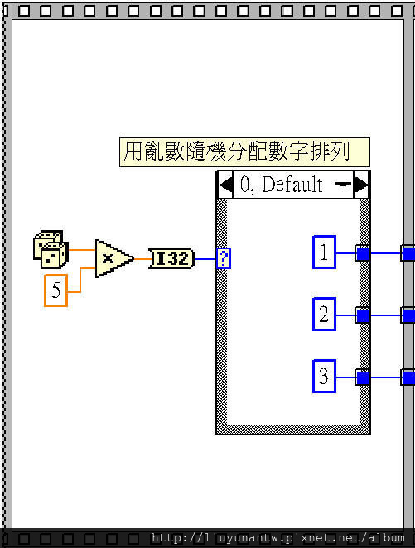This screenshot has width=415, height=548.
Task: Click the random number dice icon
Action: tap(51, 249)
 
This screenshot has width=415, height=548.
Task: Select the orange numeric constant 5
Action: tap(56, 291)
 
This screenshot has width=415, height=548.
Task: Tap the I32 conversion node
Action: tap(171, 258)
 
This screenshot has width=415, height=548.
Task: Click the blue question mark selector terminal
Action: tap(224, 258)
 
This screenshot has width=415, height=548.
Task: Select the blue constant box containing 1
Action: tap(324, 252)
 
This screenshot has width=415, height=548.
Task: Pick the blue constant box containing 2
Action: tap(324, 314)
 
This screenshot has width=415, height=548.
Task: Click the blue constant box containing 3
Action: tap(324, 376)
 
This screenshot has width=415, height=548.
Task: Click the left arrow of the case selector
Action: tap(226, 185)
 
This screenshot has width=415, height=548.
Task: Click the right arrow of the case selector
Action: tap(360, 185)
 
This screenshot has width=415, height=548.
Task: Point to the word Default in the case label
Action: tap(292, 184)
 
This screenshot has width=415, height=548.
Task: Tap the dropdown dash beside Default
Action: tap(343, 184)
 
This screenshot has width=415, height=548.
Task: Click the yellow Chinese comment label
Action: tap(244, 152)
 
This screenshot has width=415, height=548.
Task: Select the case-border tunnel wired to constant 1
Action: tap(363, 253)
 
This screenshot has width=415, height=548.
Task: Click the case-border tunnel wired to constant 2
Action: tap(363, 315)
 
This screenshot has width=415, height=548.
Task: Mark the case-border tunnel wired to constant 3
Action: tap(363, 377)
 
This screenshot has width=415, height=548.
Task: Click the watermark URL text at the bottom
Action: tap(278, 538)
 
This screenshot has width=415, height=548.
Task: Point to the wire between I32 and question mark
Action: tap(205, 259)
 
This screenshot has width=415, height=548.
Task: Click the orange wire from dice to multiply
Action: tap(82, 250)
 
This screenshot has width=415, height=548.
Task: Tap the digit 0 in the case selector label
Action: tap(245, 184)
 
